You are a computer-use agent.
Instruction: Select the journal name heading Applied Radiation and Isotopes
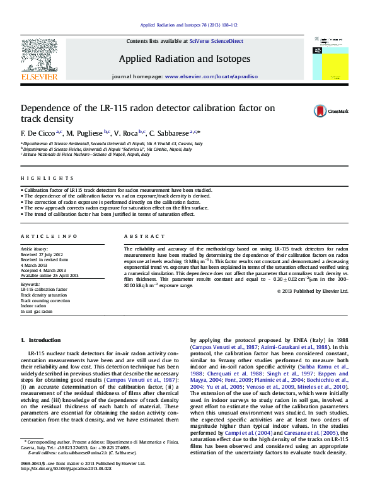pyautogui.click(x=185, y=59)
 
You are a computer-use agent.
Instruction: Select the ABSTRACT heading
pyautogui.click(x=139, y=236)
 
